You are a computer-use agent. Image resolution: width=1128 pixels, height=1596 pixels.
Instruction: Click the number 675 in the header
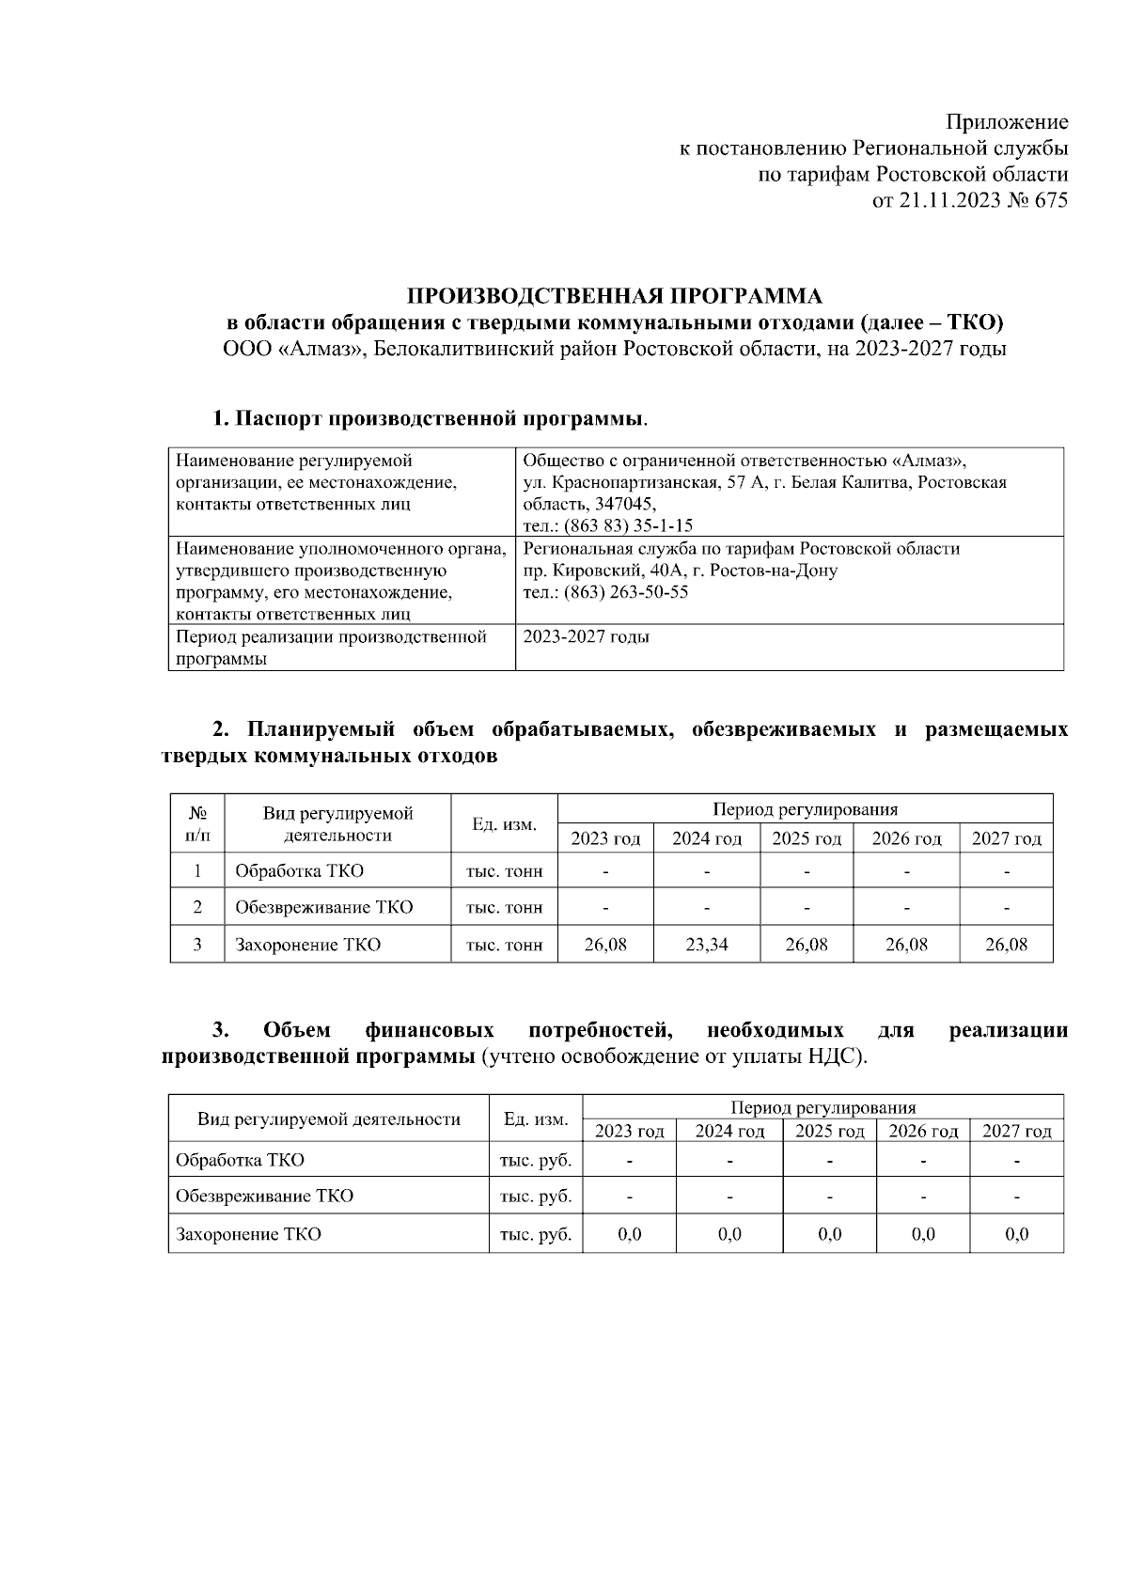[x=1050, y=200]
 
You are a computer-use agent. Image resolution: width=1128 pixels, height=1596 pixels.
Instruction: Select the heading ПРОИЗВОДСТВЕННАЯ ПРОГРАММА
[x=615, y=296]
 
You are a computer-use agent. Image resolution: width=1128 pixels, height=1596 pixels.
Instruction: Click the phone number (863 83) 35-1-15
[x=628, y=526]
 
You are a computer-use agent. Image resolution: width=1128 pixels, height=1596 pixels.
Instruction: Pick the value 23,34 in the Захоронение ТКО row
[x=706, y=945]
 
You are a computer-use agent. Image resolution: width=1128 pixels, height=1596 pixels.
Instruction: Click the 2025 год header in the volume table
[x=807, y=838]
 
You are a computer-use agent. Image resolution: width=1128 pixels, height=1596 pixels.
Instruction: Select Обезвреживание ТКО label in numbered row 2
[x=323, y=908]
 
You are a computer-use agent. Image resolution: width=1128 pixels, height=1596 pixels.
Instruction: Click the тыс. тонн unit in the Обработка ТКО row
[x=504, y=871]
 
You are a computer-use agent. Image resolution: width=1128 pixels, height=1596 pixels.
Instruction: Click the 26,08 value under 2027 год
[x=1006, y=945]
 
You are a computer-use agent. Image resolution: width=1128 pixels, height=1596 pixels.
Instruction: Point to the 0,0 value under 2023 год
[x=629, y=1234]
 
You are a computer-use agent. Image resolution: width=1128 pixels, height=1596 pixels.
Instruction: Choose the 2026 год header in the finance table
[x=923, y=1131]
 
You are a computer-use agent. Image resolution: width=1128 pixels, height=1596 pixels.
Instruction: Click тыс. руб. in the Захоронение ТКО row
[x=536, y=1234]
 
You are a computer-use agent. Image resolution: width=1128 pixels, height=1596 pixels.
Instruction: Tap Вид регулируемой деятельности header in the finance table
[x=328, y=1119]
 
